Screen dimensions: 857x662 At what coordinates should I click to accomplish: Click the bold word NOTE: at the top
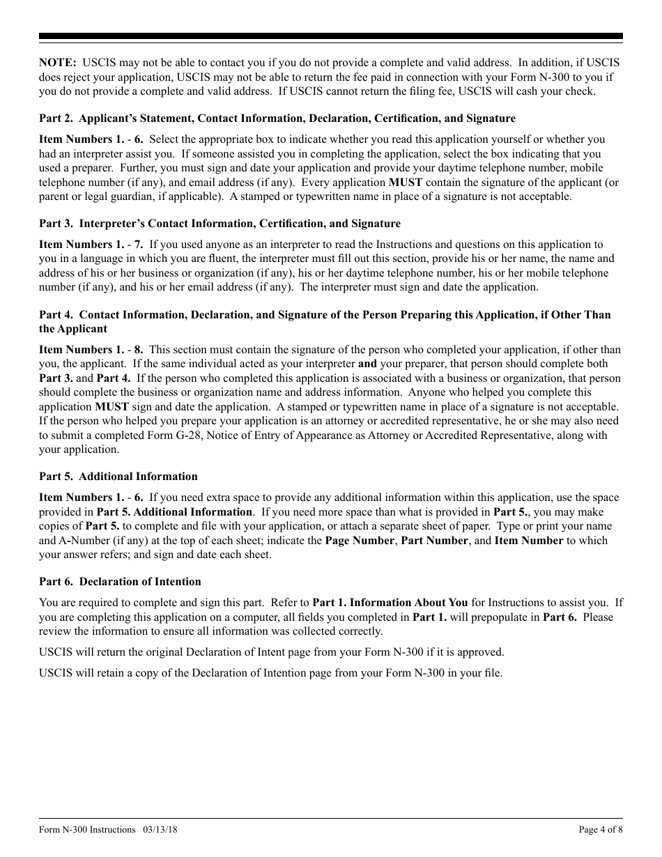pyautogui.click(x=58, y=63)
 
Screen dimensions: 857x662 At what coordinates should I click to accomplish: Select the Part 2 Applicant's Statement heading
pyautogui.click(x=277, y=118)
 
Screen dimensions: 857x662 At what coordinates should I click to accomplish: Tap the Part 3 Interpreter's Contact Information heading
pyautogui.click(x=220, y=224)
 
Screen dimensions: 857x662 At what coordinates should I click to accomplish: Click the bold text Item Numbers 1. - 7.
pyautogui.click(x=91, y=245)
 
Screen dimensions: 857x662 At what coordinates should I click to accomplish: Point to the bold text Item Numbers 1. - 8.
pyautogui.click(x=91, y=350)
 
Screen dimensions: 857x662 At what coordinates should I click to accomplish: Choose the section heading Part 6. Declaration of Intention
pyautogui.click(x=120, y=582)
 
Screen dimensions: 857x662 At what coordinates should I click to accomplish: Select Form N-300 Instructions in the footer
pyautogui.click(x=87, y=830)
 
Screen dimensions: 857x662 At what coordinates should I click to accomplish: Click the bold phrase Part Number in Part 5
pyautogui.click(x=434, y=541)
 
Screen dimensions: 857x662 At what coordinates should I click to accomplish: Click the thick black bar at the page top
pyautogui.click(x=331, y=36)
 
